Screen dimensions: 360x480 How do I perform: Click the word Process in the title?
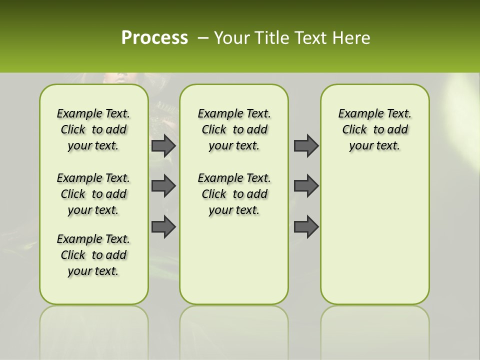coord(154,38)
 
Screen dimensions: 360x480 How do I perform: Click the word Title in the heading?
coord(270,38)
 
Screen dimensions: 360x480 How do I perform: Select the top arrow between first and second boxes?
coord(163,145)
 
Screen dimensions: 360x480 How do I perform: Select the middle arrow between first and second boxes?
coord(163,186)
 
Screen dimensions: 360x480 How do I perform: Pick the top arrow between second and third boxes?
coord(306,145)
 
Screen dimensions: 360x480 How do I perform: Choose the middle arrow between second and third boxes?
coord(306,186)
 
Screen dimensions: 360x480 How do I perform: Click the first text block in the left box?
coord(93,129)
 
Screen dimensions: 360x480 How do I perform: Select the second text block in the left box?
coord(93,194)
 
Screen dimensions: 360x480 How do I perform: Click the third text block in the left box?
coord(93,255)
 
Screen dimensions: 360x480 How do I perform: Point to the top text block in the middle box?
coord(234,129)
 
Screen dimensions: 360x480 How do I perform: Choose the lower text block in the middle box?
coord(234,194)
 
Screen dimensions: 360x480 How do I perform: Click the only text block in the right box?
coord(374,129)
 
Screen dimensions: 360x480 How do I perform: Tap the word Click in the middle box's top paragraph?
coord(214,130)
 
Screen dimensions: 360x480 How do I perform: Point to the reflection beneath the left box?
coord(93,325)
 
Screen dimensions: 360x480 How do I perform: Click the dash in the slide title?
coord(203,38)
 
